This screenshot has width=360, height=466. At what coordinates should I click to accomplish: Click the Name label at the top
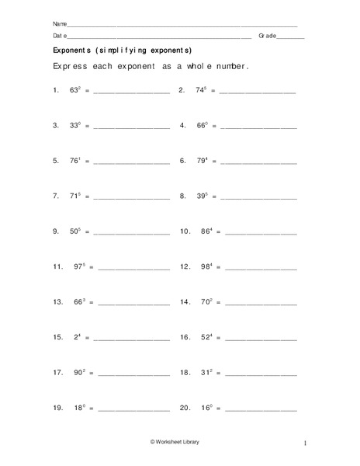point(60,23)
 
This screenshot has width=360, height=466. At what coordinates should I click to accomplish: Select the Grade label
point(268,37)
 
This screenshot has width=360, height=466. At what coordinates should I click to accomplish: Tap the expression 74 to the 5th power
point(202,90)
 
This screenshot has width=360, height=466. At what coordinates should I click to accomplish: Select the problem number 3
point(56,126)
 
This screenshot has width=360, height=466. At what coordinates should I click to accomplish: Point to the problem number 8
point(183,196)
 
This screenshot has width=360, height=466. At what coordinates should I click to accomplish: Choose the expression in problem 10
point(206,231)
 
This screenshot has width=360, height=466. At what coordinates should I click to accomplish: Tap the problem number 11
point(57,267)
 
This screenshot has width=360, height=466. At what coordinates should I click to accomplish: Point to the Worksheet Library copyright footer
point(180,442)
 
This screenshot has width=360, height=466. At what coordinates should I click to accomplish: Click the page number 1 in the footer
point(306,443)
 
